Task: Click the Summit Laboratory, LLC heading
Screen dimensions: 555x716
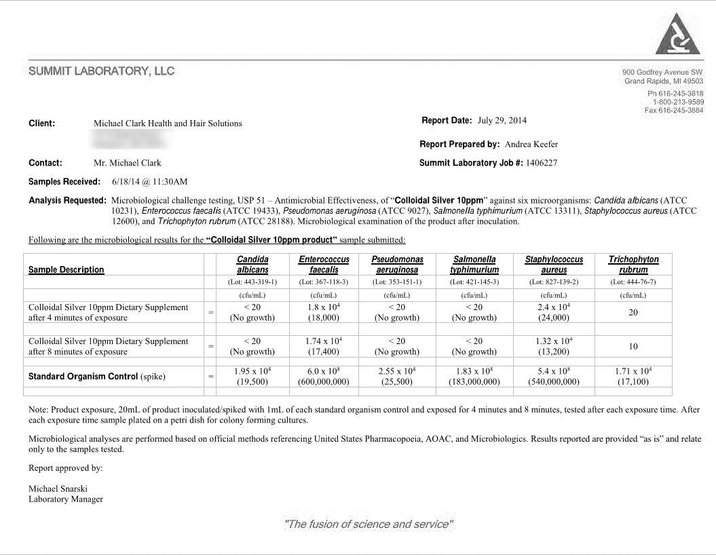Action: [101, 71]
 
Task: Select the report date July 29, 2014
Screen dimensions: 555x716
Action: [502, 121]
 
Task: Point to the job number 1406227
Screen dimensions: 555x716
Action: [541, 163]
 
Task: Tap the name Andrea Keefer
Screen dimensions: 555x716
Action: [531, 145]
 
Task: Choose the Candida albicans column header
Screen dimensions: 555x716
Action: [252, 265]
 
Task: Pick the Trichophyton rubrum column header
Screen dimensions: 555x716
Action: [633, 265]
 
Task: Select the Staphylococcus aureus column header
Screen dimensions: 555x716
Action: [554, 265]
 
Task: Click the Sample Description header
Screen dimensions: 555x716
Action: [67, 270]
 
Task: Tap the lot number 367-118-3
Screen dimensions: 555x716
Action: [324, 282]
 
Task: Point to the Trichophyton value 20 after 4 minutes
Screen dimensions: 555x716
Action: [633, 313]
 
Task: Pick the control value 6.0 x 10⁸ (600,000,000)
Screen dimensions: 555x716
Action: [324, 377]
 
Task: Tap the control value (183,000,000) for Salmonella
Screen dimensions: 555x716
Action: [474, 382]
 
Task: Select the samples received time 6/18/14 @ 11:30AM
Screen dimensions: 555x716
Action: [149, 182]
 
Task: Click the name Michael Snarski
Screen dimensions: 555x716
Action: [58, 489]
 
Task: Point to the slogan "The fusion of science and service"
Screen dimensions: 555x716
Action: [369, 524]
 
